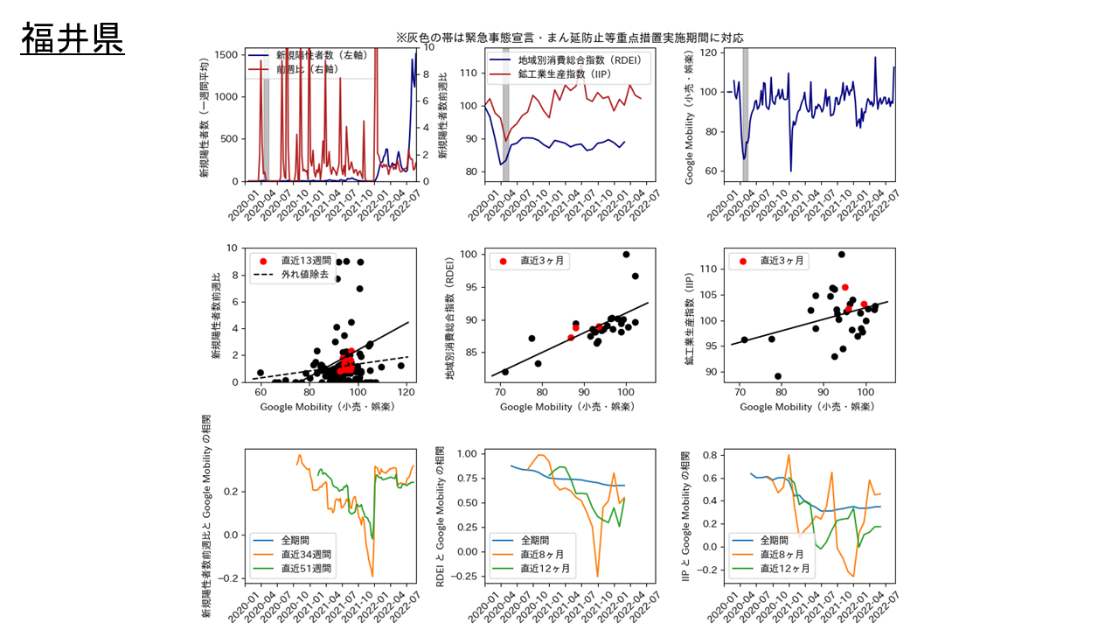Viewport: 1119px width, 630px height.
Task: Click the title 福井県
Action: point(73,39)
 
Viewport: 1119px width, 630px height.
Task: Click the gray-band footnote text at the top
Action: point(569,38)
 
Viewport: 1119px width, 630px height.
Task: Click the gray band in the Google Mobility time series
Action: point(745,115)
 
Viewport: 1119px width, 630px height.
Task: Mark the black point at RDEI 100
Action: point(626,255)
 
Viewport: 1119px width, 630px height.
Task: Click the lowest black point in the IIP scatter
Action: point(778,376)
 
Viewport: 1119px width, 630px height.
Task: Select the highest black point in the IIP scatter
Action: point(841,255)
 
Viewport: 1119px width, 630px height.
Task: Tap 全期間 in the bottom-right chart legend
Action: point(778,540)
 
